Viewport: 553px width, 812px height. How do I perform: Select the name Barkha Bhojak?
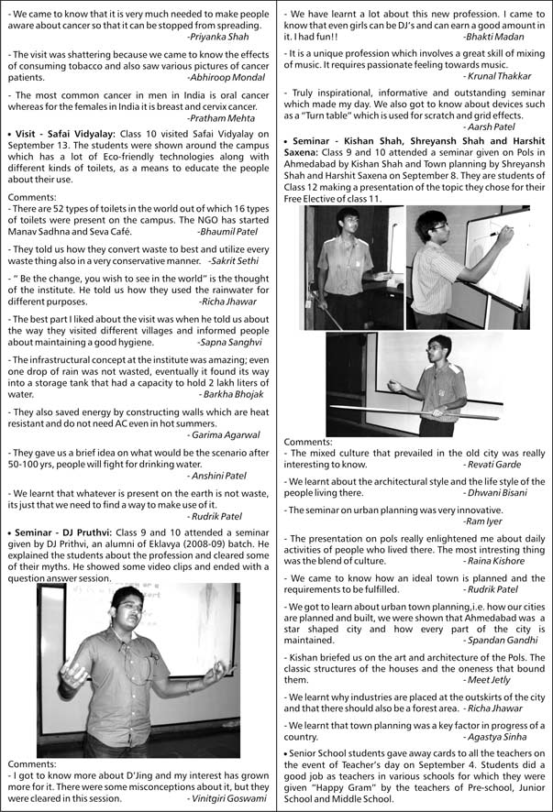point(233,394)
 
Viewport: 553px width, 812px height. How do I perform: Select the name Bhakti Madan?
point(494,37)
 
